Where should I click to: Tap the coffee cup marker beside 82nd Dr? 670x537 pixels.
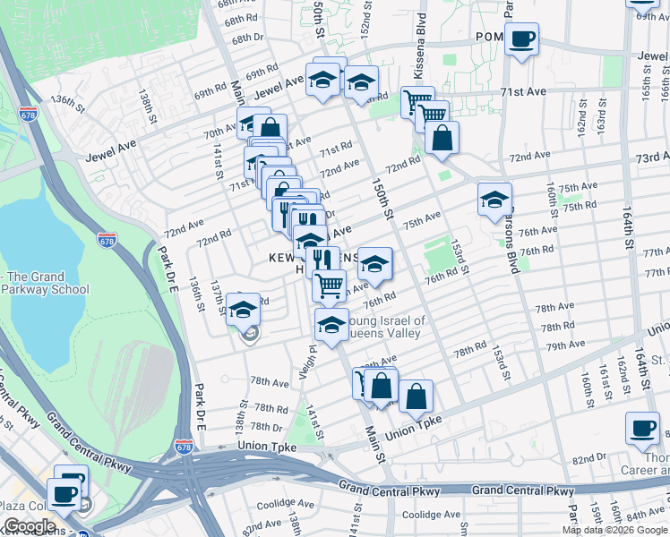(642, 429)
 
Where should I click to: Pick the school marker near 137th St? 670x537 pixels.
(243, 310)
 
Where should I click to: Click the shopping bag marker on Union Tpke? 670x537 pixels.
(416, 396)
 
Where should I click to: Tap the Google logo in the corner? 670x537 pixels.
(30, 526)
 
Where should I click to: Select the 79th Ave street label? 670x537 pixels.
(565, 345)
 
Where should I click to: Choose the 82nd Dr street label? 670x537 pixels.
(589, 458)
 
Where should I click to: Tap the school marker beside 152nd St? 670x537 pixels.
(361, 83)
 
